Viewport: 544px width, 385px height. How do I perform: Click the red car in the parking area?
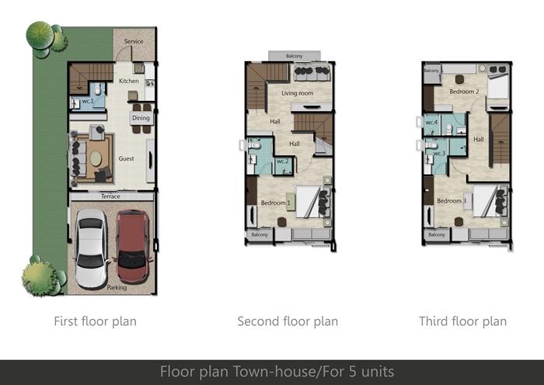(133, 246)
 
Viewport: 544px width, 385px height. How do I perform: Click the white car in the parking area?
(91, 248)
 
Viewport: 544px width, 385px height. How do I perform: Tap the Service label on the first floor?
(134, 41)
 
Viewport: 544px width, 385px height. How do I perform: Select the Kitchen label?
(129, 81)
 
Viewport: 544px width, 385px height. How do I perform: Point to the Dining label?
(141, 118)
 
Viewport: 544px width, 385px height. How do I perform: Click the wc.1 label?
(88, 101)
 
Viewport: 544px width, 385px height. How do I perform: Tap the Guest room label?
(126, 158)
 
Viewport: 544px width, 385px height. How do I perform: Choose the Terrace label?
(110, 196)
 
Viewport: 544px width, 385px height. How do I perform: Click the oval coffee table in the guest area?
(96, 158)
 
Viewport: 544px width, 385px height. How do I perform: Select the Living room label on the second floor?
(298, 93)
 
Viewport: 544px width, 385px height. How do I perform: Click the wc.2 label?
(283, 161)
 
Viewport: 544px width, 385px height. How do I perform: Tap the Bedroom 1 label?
(276, 203)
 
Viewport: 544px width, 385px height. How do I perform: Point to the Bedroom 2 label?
(464, 92)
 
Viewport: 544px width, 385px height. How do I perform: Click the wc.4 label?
(431, 123)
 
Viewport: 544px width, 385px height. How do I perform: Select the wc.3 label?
(439, 153)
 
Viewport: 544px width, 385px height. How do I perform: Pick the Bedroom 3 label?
(452, 200)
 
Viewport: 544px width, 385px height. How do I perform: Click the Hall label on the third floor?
(479, 139)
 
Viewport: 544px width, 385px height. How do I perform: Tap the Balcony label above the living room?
(295, 56)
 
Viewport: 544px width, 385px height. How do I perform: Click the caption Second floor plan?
(288, 321)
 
